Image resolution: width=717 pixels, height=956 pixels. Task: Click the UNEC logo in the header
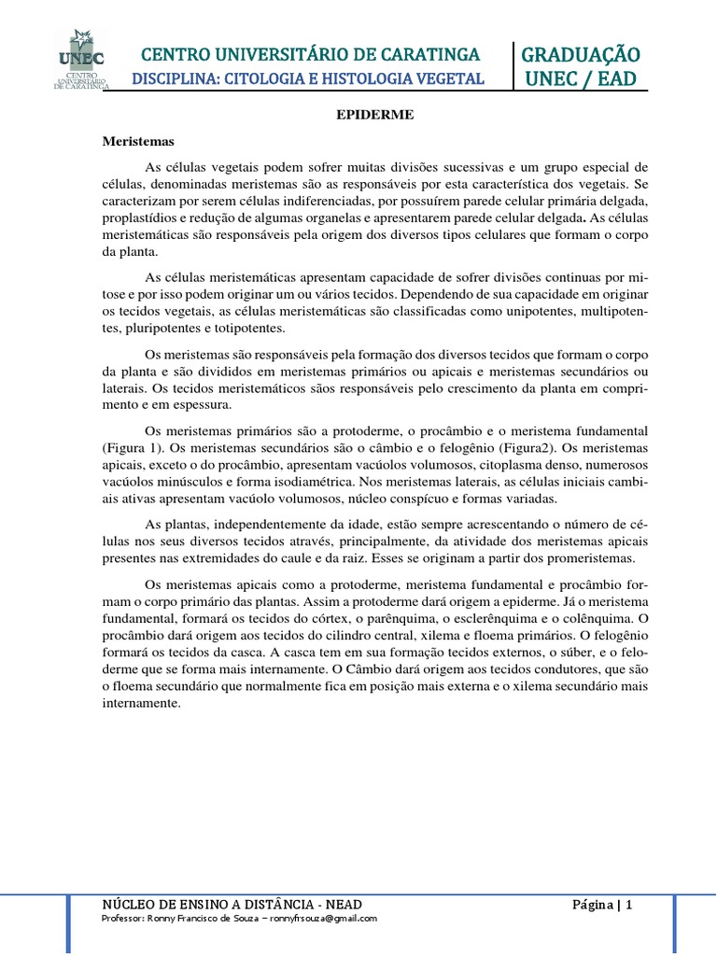[x=81, y=59]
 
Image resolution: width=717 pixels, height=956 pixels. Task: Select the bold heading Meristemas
[x=138, y=142]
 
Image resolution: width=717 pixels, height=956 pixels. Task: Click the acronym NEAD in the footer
[x=341, y=905]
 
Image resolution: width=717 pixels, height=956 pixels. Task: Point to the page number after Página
[x=629, y=905]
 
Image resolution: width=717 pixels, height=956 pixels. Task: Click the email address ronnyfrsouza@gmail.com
[x=324, y=919]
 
